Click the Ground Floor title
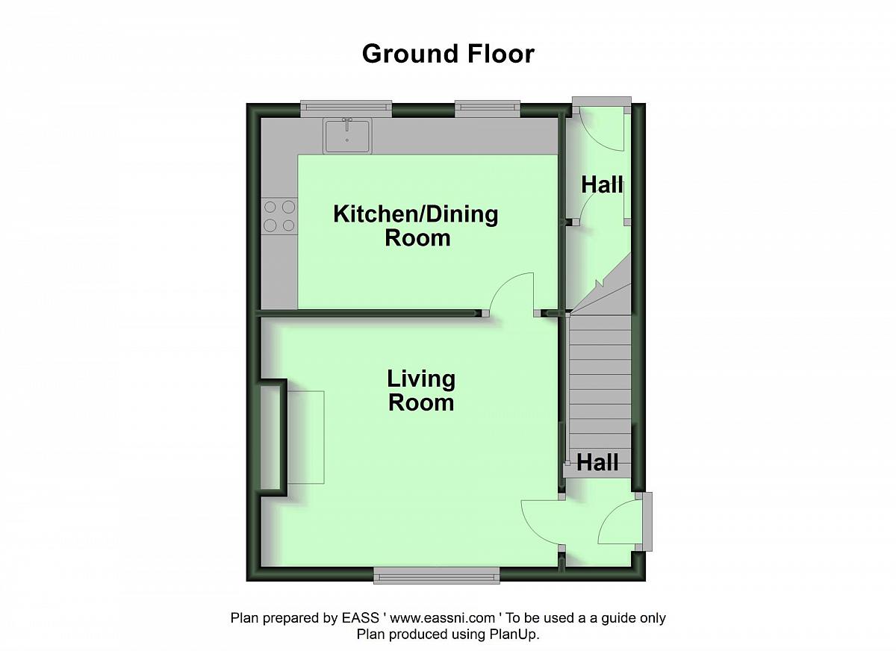(x=448, y=54)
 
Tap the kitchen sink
(x=347, y=136)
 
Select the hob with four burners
(x=279, y=217)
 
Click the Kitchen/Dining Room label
(x=416, y=226)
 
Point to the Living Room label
(x=421, y=390)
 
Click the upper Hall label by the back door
(x=602, y=184)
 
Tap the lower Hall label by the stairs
(x=597, y=463)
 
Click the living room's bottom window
(x=436, y=575)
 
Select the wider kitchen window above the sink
(x=346, y=108)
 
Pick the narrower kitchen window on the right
(x=488, y=108)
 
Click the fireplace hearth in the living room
(x=305, y=437)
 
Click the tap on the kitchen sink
(x=346, y=122)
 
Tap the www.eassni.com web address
(x=442, y=618)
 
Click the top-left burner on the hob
(x=270, y=207)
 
